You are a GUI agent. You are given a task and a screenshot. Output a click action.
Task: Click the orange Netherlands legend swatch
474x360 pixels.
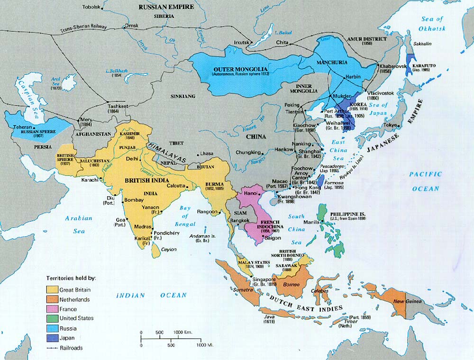pos(52,299)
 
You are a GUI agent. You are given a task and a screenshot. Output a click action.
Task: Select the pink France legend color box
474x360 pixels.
pos(52,309)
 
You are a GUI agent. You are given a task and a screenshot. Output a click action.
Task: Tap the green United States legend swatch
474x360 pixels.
pos(52,318)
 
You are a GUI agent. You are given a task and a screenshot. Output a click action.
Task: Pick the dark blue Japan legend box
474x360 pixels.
pos(52,337)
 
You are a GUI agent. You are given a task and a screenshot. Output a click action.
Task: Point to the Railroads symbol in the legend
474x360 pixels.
pos(52,347)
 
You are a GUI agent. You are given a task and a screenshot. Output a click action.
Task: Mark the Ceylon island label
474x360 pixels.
pos(169,249)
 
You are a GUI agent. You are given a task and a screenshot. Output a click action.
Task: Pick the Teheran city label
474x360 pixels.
pos(22,127)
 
